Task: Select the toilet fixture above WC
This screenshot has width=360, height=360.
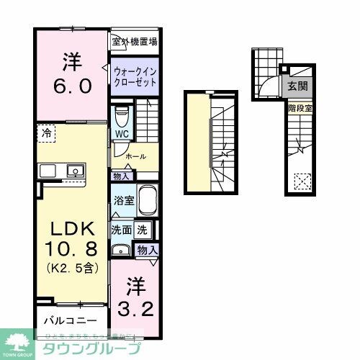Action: click(121, 115)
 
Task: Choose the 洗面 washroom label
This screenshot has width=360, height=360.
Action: click(120, 230)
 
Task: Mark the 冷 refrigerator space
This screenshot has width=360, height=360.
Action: click(46, 134)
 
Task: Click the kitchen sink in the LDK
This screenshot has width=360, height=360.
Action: click(73, 171)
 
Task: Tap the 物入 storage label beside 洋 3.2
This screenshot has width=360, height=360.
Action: click(147, 249)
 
